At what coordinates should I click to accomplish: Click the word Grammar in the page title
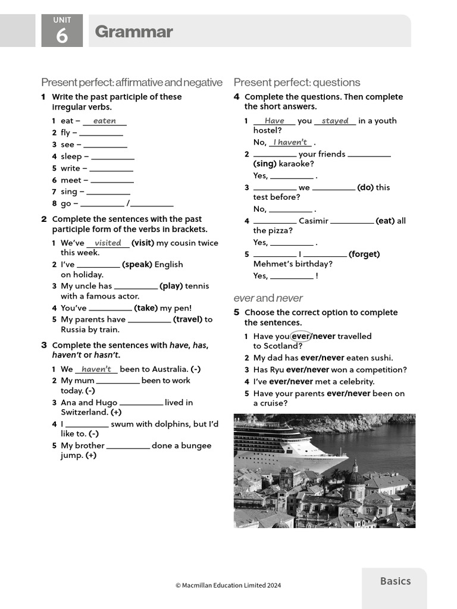(x=134, y=32)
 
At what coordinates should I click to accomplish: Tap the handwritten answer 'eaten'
(x=105, y=121)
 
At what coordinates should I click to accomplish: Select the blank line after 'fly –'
(x=101, y=133)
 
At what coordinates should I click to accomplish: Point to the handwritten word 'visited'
(x=108, y=243)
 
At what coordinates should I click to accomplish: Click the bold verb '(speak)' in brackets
(x=137, y=265)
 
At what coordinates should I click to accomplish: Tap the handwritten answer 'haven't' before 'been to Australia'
(x=96, y=369)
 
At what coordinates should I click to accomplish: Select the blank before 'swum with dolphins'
(x=87, y=425)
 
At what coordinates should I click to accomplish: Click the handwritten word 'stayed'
(x=335, y=121)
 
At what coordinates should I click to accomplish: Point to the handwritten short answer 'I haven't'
(x=290, y=142)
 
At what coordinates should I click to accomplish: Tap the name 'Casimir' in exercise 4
(x=313, y=221)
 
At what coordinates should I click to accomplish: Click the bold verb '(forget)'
(x=364, y=254)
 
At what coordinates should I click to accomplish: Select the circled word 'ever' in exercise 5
(x=301, y=336)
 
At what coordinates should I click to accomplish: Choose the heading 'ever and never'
(x=268, y=298)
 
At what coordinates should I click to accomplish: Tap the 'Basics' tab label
(x=395, y=581)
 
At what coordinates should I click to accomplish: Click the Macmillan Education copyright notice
(x=228, y=585)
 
